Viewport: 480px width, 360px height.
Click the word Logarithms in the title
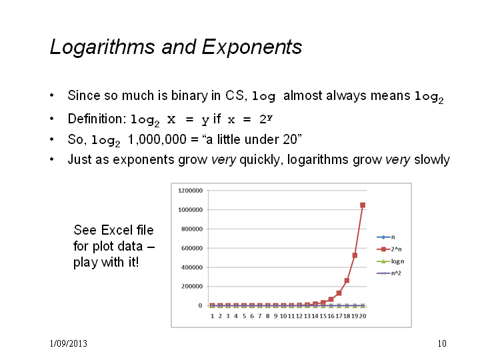pyautogui.click(x=102, y=47)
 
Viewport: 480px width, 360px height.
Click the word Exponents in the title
pyautogui.click(x=252, y=47)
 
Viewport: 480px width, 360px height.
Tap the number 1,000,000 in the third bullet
pyautogui.click(x=157, y=139)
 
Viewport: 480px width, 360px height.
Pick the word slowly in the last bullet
pyautogui.click(x=432, y=160)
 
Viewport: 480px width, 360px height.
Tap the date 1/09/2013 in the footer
pyautogui.click(x=69, y=343)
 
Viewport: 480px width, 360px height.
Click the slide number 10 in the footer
pyautogui.click(x=442, y=343)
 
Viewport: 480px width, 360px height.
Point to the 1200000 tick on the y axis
pyautogui.click(x=190, y=191)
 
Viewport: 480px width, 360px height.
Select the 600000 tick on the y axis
pyautogui.click(x=191, y=248)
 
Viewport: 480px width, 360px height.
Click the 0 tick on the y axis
pyautogui.click(x=200, y=305)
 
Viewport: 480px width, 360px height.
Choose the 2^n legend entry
pyautogui.click(x=389, y=249)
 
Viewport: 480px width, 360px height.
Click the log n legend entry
pyautogui.click(x=390, y=261)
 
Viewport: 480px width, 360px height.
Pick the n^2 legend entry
pyautogui.click(x=389, y=273)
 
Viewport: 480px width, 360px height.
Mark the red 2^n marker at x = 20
pyautogui.click(x=363, y=205)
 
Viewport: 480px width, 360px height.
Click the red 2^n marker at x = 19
pyautogui.click(x=355, y=255)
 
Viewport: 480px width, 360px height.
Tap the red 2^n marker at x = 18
pyautogui.click(x=347, y=281)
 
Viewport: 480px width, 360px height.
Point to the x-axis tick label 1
pyautogui.click(x=212, y=316)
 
